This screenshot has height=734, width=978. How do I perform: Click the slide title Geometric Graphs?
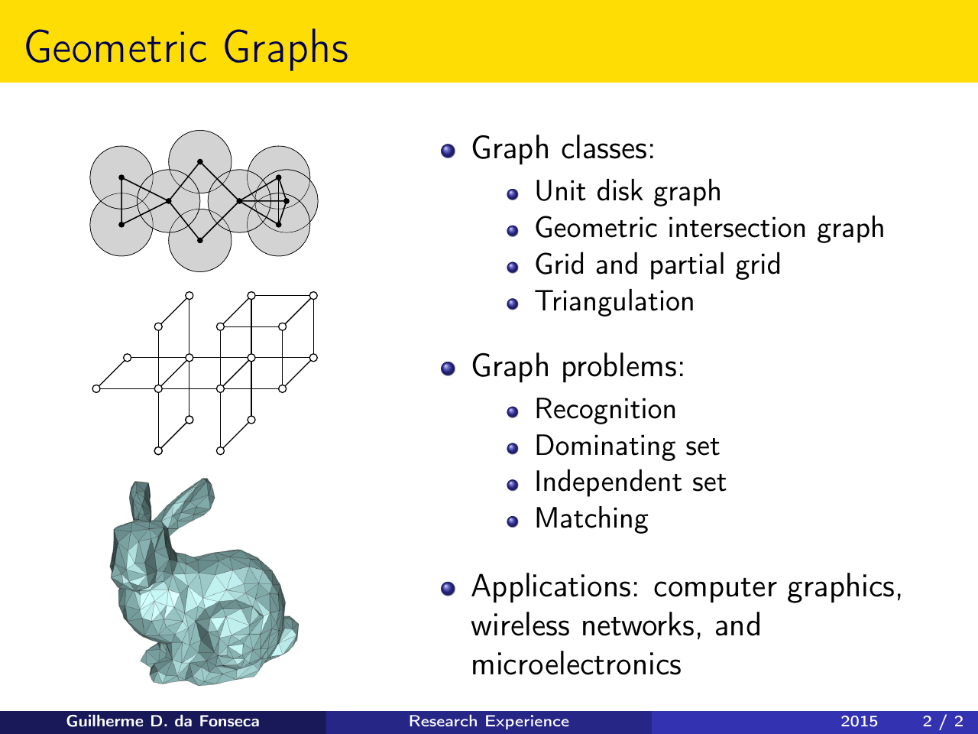coord(186,48)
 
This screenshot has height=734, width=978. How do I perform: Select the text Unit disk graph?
coord(628,192)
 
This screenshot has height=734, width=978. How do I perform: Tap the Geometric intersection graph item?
coord(709,229)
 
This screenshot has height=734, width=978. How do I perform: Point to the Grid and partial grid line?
coord(658,265)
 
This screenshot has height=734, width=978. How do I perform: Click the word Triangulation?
coord(614,302)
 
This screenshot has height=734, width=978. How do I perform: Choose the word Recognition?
coord(605,410)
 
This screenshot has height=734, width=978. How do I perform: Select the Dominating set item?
coord(627,446)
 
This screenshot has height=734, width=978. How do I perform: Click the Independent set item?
coord(630,482)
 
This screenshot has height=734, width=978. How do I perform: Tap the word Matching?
coord(591,519)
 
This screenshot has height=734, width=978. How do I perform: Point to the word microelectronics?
coord(576,664)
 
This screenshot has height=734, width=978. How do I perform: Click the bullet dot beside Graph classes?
coord(448,151)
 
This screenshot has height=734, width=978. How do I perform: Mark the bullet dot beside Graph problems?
coord(448,369)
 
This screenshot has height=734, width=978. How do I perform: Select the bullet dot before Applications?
coord(448,588)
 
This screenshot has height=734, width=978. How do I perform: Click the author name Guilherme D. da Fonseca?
coord(163,722)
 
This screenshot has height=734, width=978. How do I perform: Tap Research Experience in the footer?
coord(489,722)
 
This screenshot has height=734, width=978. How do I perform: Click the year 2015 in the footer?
coord(859,722)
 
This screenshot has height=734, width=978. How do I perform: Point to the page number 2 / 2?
coord(943,722)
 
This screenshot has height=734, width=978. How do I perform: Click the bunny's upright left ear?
coord(140,502)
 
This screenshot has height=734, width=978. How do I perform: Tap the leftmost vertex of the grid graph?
coord(96,389)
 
